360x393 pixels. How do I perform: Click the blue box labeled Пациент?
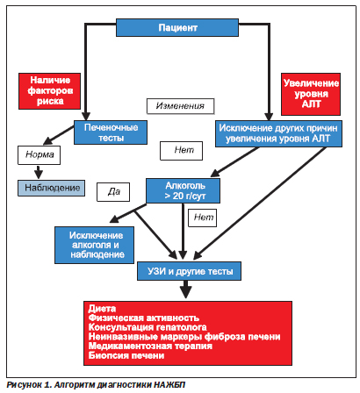(177, 28)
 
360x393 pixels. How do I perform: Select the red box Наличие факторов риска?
(50, 91)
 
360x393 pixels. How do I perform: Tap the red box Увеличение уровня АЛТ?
(311, 94)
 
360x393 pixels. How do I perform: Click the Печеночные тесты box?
(111, 132)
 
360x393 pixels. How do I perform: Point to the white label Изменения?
(180, 106)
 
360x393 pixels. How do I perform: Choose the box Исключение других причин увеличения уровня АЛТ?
(278, 133)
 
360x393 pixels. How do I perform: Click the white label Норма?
(40, 155)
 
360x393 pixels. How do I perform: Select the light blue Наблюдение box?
(52, 188)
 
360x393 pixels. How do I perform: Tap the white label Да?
(113, 192)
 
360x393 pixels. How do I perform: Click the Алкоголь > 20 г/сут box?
(184, 190)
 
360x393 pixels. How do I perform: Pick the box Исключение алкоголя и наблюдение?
(95, 245)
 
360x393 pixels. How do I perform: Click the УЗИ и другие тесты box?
(190, 271)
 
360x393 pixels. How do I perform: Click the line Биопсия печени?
(126, 355)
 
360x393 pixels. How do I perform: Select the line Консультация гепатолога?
(148, 327)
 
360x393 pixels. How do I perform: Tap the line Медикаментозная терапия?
(150, 346)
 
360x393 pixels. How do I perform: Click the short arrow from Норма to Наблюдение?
(39, 172)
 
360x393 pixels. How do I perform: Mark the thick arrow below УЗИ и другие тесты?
(186, 289)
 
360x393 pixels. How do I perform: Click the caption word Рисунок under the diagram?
(25, 385)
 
